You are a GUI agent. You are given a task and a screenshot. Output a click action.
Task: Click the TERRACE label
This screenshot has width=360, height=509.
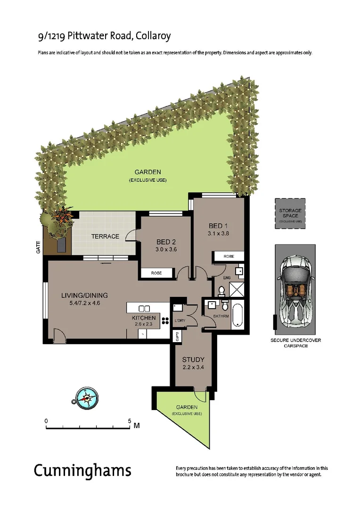pyautogui.click(x=105, y=236)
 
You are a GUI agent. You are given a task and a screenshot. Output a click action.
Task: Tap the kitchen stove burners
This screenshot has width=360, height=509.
pyautogui.click(x=165, y=321)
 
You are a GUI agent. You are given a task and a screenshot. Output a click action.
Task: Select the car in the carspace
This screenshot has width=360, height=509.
pyautogui.click(x=294, y=295)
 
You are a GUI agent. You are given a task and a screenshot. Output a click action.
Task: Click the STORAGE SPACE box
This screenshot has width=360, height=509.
pyautogui.click(x=290, y=213)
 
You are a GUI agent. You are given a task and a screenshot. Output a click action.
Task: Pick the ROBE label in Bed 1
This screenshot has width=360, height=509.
pyautogui.click(x=228, y=256)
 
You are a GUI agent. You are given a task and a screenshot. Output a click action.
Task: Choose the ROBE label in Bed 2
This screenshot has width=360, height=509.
pyautogui.click(x=156, y=273)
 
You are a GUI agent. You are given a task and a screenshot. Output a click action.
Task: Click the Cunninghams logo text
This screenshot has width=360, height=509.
pyautogui.click(x=82, y=470)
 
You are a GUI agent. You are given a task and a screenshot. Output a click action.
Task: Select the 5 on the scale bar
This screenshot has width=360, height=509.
pyautogui.click(x=130, y=420)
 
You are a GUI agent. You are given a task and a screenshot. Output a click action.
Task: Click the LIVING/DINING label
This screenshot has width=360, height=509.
pyautogui.click(x=84, y=296)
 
